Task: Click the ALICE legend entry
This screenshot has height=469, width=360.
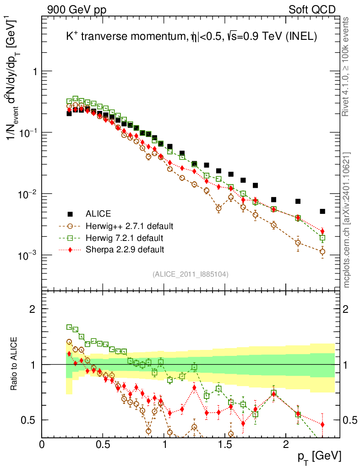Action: (x=98, y=213)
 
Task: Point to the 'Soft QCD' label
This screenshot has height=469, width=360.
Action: (x=312, y=10)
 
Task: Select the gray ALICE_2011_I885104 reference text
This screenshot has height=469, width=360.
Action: (x=191, y=274)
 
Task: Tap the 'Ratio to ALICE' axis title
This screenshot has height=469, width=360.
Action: (x=16, y=364)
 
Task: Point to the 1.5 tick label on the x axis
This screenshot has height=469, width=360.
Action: (x=225, y=445)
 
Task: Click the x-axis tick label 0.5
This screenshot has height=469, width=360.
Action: (x=103, y=445)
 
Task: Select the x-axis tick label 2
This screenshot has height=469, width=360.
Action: (x=286, y=445)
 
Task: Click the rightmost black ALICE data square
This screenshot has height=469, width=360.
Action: (x=322, y=212)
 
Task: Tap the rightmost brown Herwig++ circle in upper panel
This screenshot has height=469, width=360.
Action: (x=322, y=251)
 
